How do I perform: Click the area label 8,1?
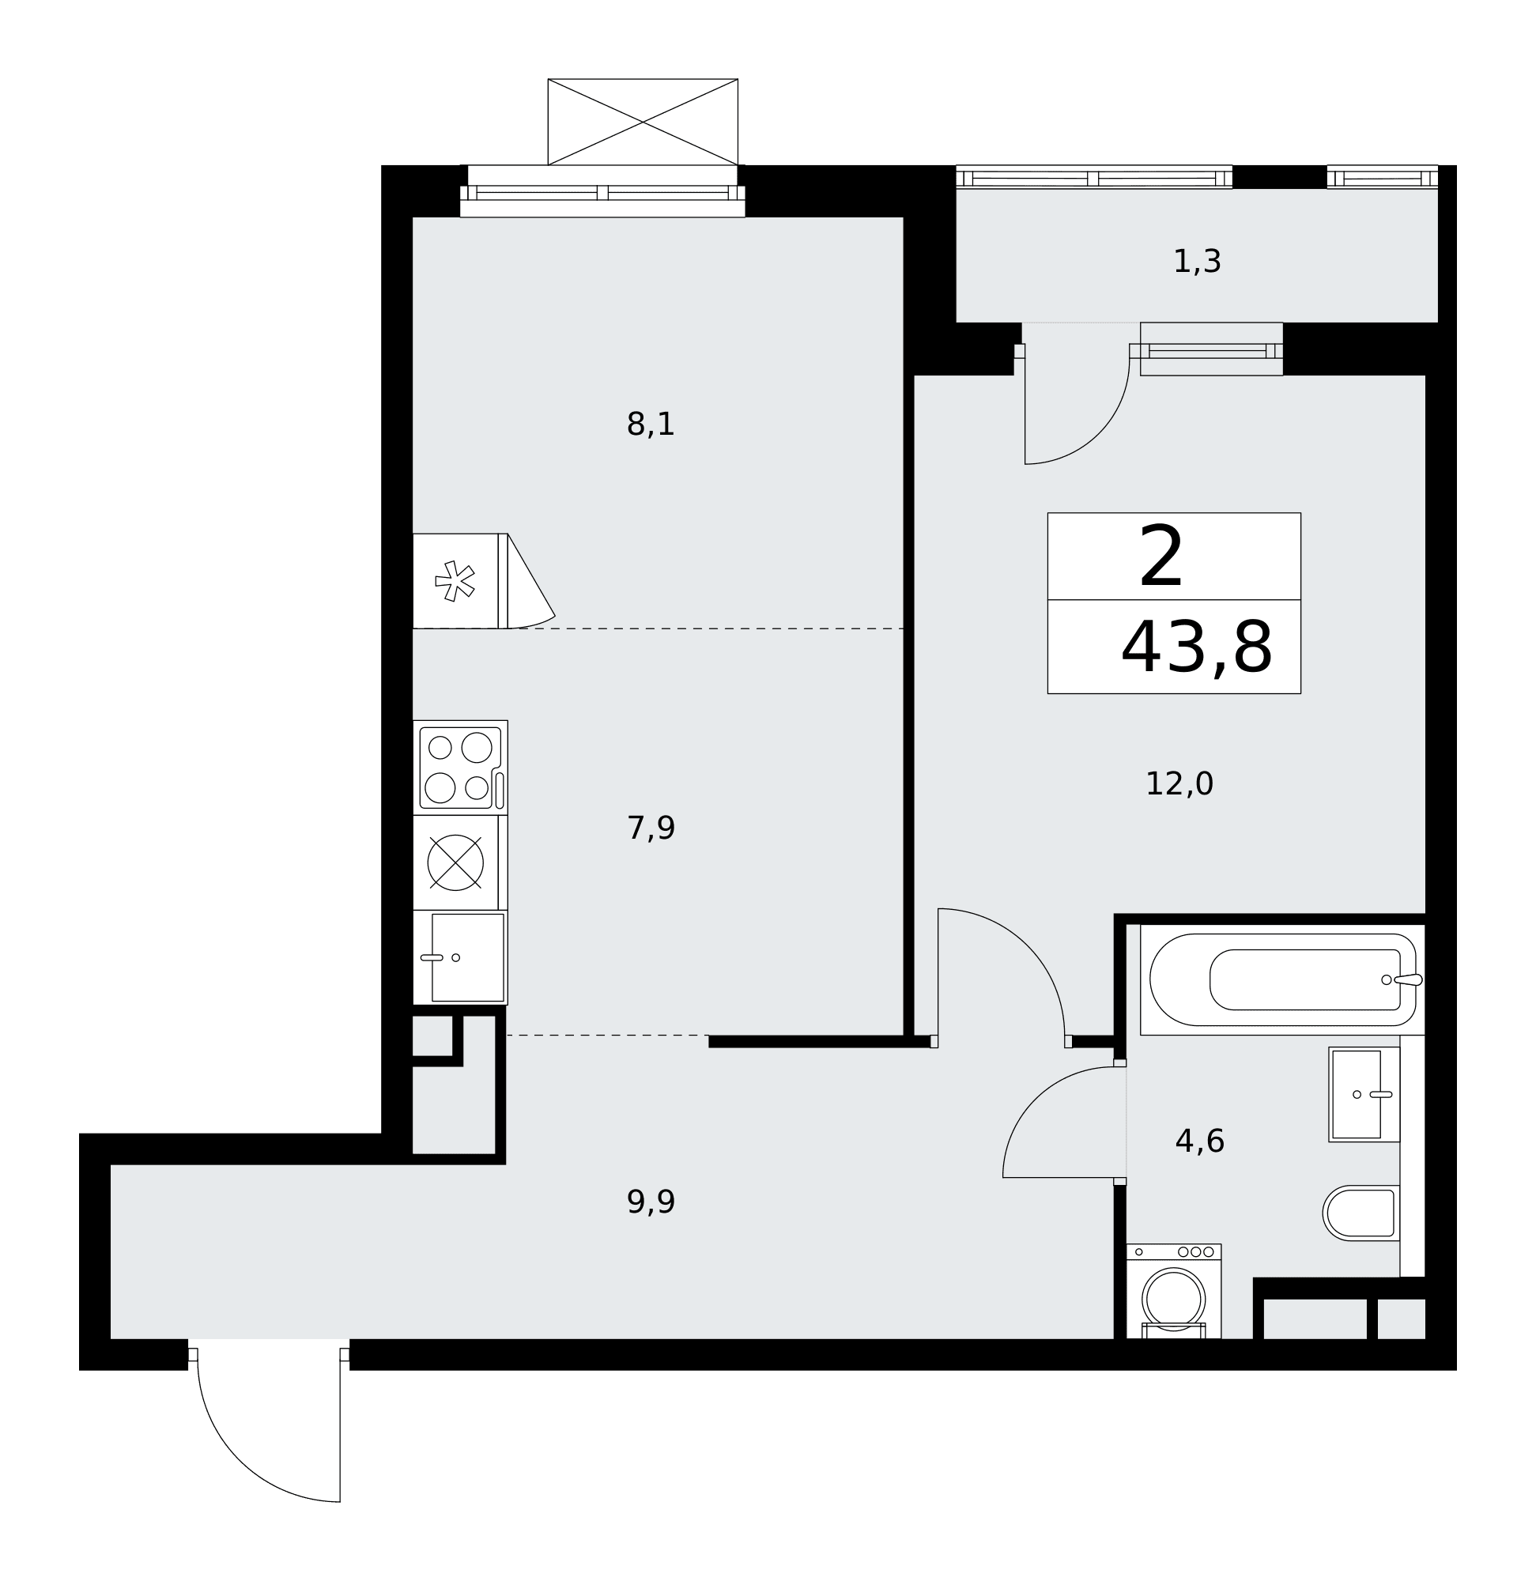click(x=651, y=425)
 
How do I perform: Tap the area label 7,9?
click(x=651, y=828)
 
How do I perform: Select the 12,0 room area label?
click(x=1179, y=784)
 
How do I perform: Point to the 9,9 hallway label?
click(x=651, y=1202)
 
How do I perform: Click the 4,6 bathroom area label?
click(x=1199, y=1141)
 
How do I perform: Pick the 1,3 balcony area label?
click(x=1197, y=262)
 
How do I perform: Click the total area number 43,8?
click(x=1196, y=647)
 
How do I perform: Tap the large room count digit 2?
click(x=1160, y=557)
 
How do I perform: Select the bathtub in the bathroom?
click(x=1282, y=979)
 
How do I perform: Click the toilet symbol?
click(x=1361, y=1213)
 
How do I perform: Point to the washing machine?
click(x=1174, y=1292)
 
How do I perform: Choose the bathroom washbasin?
click(x=1364, y=1095)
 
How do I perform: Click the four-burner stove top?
click(x=461, y=767)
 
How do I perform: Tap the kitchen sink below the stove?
click(x=461, y=957)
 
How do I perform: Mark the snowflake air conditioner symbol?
click(x=455, y=581)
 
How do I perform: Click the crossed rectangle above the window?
click(x=643, y=122)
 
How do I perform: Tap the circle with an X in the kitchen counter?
click(x=456, y=862)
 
